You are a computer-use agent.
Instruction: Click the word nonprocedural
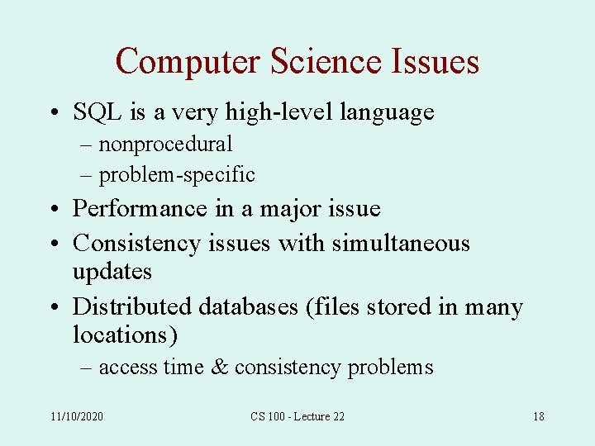click(x=165, y=144)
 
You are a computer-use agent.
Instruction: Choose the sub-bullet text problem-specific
click(x=177, y=175)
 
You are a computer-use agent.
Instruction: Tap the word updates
click(x=112, y=272)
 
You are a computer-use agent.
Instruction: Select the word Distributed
click(x=132, y=306)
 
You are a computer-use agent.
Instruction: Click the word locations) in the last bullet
click(x=126, y=334)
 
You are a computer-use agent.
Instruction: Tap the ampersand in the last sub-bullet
click(x=220, y=367)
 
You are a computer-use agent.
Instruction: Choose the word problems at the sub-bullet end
click(x=390, y=368)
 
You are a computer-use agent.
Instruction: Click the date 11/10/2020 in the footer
click(x=77, y=416)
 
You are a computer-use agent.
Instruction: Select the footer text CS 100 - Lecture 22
click(x=297, y=416)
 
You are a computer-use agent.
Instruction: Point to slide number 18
click(x=538, y=416)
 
